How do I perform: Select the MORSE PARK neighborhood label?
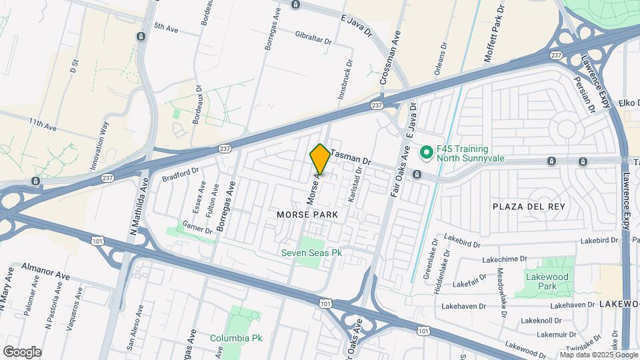[x=307, y=215]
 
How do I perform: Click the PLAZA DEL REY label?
[x=529, y=207]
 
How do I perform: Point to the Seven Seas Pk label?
[x=311, y=253]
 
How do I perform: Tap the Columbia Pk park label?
[x=236, y=338]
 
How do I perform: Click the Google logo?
[x=21, y=351]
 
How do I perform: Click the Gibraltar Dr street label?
[x=313, y=37]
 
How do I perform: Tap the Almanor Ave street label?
[x=45, y=275]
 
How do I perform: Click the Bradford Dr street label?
[x=181, y=175]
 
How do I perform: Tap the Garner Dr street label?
[x=197, y=227]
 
